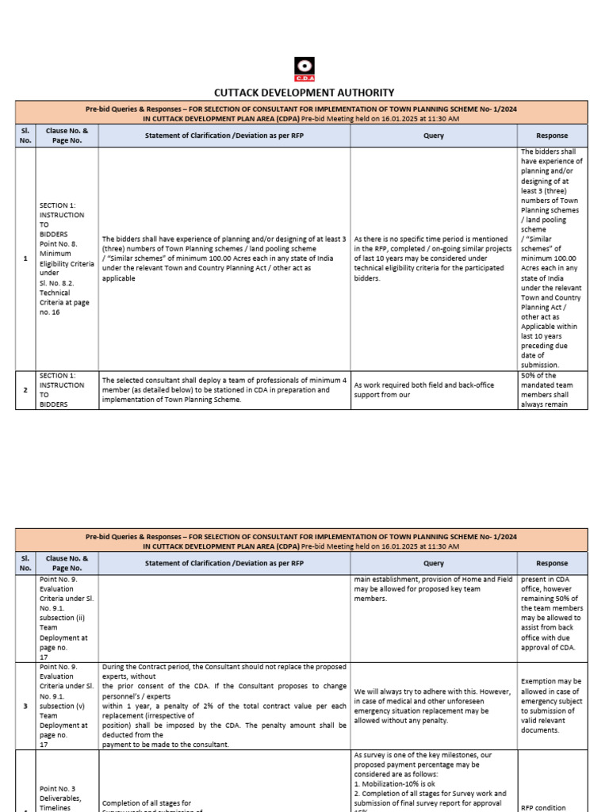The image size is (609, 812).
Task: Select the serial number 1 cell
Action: point(26,259)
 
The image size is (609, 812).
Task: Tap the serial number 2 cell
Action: point(26,390)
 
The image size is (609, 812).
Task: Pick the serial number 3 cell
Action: point(26,704)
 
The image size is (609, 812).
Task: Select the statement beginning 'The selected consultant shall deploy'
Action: point(224,389)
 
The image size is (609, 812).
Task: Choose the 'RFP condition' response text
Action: point(552,807)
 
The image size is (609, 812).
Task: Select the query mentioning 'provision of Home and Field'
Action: point(433,588)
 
